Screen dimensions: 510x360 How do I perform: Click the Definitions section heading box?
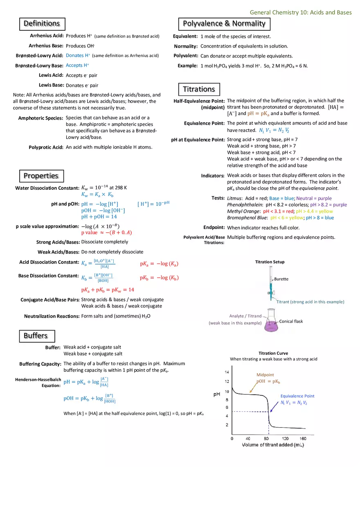[42, 24]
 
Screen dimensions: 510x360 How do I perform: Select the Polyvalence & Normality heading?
[224, 24]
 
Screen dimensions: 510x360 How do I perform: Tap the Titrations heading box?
[199, 89]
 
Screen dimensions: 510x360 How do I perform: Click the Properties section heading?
[41, 176]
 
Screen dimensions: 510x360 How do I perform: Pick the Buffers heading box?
[36, 336]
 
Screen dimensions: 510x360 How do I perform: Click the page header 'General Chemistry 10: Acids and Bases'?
[301, 12]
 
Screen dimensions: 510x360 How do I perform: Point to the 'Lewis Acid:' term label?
[51, 75]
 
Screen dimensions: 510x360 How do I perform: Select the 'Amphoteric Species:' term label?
[40, 118]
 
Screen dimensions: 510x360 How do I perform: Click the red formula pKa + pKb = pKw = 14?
[108, 290]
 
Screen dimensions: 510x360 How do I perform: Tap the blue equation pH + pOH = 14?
[99, 217]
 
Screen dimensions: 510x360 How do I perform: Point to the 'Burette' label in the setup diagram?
[281, 279]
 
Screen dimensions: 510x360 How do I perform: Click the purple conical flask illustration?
[270, 324]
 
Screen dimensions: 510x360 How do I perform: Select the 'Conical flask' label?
[291, 321]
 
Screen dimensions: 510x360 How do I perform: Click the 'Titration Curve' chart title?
[273, 353]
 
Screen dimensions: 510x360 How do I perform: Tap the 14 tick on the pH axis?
[227, 372]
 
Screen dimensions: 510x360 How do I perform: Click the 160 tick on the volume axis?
[303, 438]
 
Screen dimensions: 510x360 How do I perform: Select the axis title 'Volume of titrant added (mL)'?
[273, 445]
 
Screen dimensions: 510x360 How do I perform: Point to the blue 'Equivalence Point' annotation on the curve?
[297, 396]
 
